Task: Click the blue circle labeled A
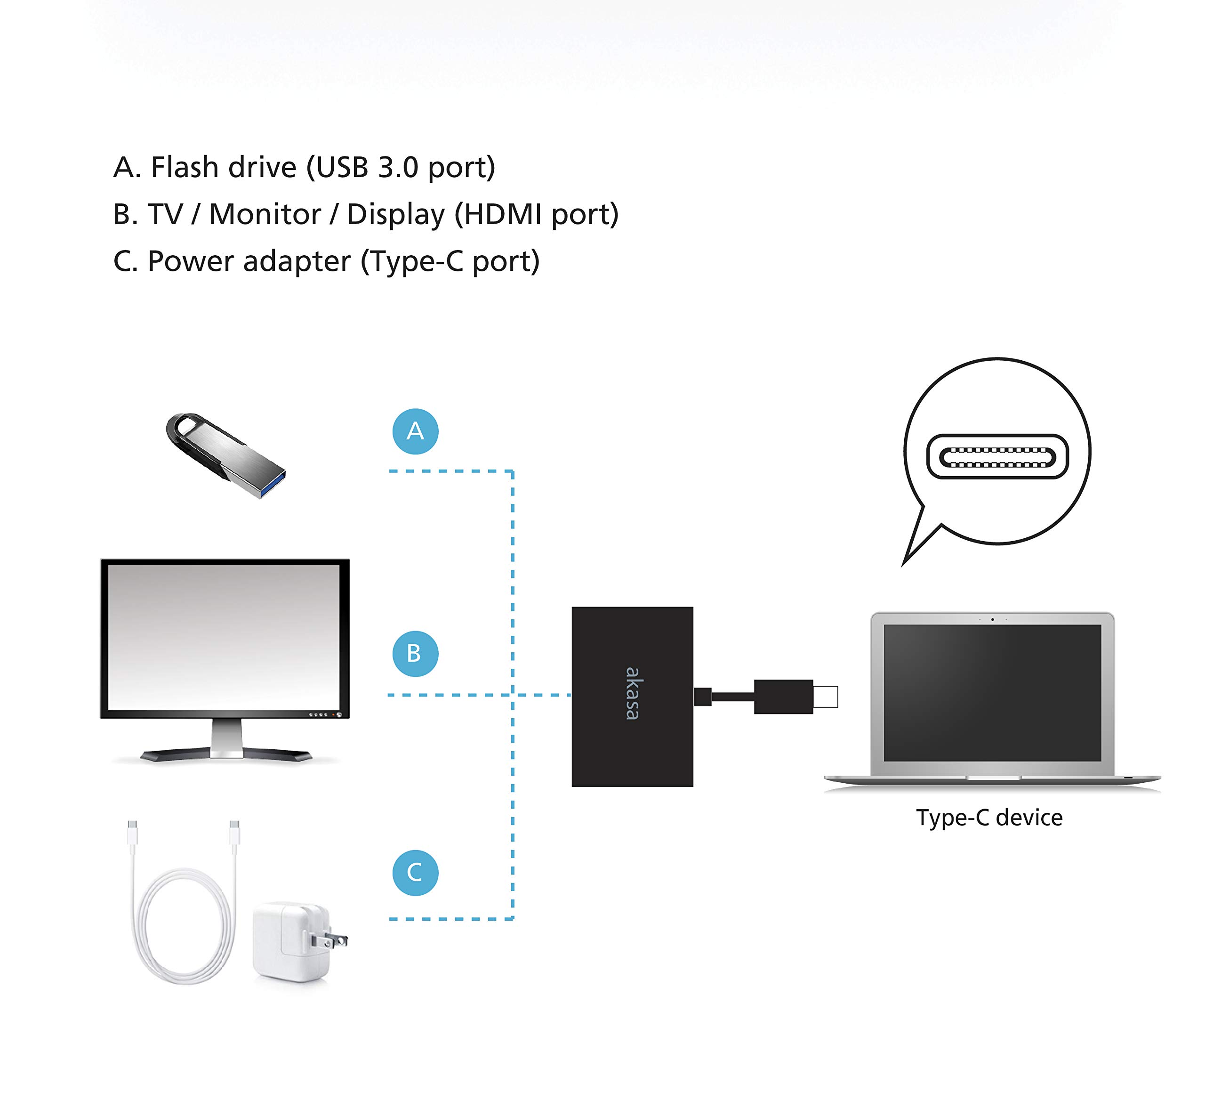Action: (415, 431)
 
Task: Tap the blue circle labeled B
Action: (415, 654)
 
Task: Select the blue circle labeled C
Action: (415, 873)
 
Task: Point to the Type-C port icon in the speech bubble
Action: (997, 457)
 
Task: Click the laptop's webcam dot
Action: (992, 619)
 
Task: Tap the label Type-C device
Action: (989, 818)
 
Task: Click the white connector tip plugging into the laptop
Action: (826, 697)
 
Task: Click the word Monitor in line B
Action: (265, 215)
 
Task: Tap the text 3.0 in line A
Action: (398, 167)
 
